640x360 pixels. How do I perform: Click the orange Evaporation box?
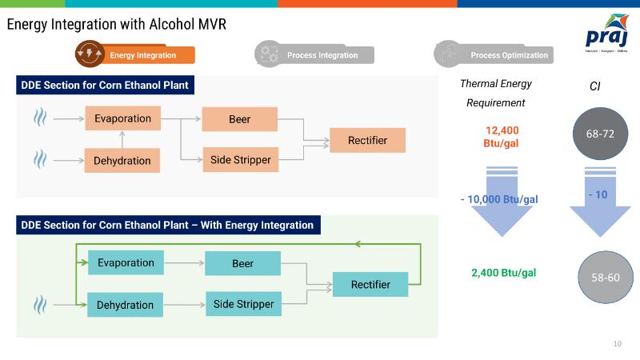(x=122, y=118)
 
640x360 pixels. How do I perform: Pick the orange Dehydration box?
(x=122, y=160)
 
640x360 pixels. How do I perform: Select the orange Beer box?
(x=239, y=119)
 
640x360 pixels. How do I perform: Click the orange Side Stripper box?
(x=240, y=160)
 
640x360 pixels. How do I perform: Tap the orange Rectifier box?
(x=367, y=140)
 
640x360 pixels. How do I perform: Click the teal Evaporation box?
(x=126, y=263)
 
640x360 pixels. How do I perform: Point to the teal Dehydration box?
(x=125, y=305)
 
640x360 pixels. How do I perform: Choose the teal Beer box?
(x=242, y=264)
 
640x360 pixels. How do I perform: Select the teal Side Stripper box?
(x=243, y=304)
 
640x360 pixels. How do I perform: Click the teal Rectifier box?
(x=370, y=284)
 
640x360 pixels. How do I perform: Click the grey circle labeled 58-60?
(x=605, y=278)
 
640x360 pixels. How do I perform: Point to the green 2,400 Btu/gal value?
(x=503, y=273)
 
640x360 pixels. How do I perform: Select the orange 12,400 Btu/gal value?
(x=502, y=137)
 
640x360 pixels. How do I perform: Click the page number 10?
(x=617, y=344)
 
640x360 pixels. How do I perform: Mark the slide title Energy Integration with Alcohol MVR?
(x=117, y=25)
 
